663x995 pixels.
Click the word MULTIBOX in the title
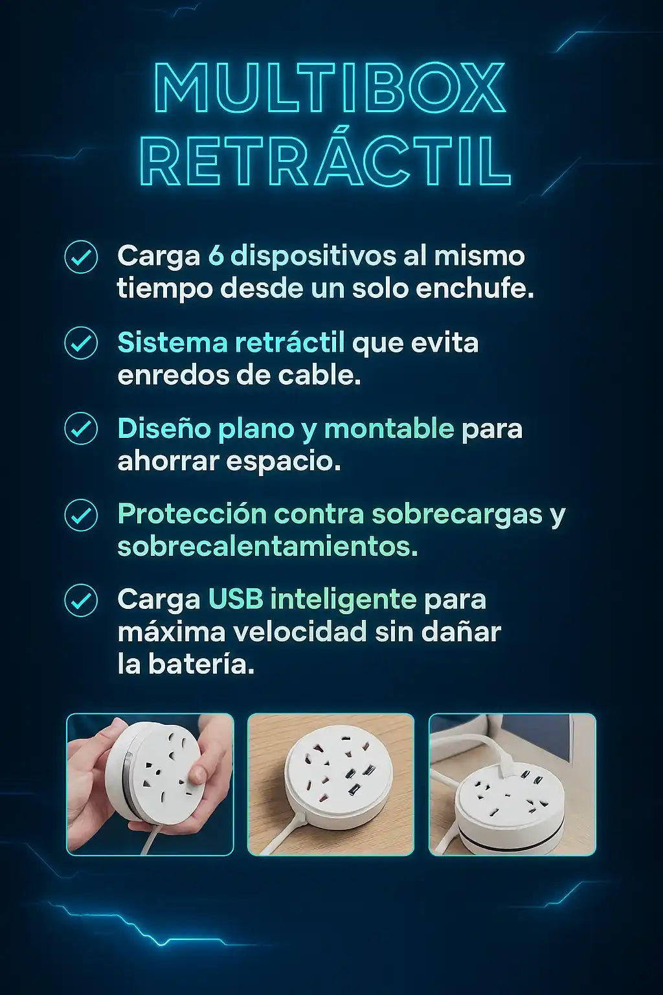(330, 87)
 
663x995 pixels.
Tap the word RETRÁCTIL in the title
(328, 161)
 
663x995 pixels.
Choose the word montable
(389, 429)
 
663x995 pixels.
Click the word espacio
(284, 463)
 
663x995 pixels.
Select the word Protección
(192, 514)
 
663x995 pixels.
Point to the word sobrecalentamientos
(267, 547)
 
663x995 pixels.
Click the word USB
(236, 600)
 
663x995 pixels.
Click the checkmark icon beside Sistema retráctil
(81, 343)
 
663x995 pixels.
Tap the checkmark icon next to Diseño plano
(81, 429)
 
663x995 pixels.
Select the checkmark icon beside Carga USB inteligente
(81, 600)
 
